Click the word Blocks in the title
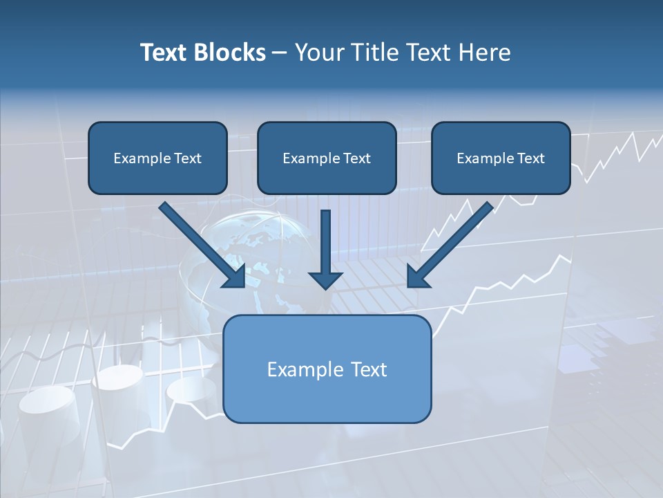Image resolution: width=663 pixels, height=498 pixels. (x=231, y=53)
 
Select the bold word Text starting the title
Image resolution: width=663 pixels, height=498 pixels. (x=166, y=53)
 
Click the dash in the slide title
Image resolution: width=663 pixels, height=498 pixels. (x=280, y=53)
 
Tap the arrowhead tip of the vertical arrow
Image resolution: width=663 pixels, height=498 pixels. (x=326, y=286)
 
